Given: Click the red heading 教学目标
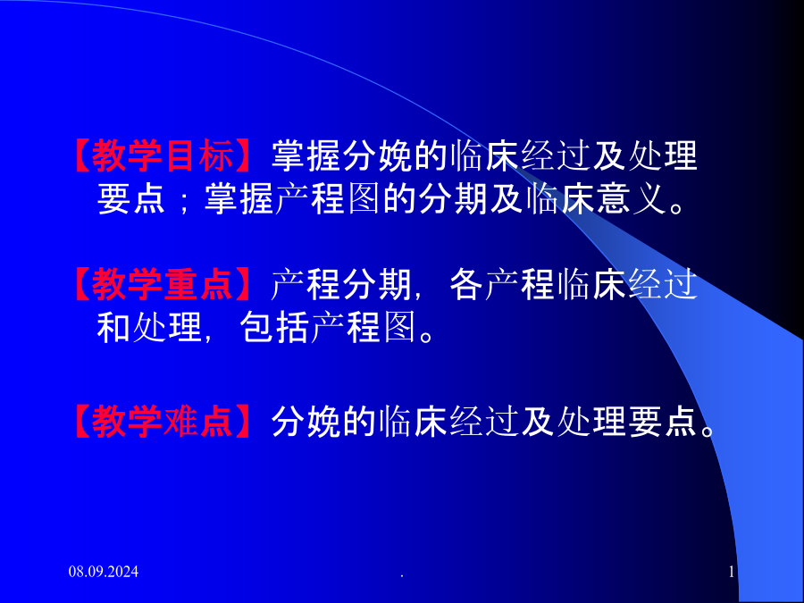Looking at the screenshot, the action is [x=163, y=155].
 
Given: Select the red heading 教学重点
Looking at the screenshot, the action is [x=163, y=284].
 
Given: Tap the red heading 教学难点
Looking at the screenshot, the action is [x=163, y=422].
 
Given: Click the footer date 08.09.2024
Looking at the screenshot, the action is [x=104, y=571].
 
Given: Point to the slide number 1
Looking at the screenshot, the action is [x=732, y=571].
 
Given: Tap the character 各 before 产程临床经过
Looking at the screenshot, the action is [x=466, y=284].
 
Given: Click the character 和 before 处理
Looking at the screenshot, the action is [x=113, y=327].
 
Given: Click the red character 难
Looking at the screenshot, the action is [x=180, y=422].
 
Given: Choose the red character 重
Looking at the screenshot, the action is [x=180, y=284].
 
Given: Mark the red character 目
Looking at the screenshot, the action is [x=180, y=155].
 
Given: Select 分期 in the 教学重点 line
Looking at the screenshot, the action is [x=377, y=284].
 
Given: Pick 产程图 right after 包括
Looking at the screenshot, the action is [x=363, y=327].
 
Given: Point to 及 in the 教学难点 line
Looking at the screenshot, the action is [x=538, y=422].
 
